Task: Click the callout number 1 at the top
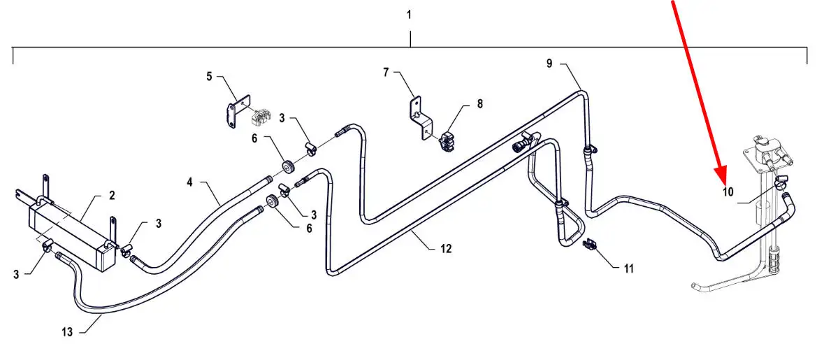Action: click(x=409, y=15)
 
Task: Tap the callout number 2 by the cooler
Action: click(x=112, y=196)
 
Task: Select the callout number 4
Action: click(x=189, y=182)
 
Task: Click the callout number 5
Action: click(x=209, y=77)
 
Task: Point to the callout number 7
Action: click(x=386, y=73)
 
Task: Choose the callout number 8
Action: click(x=479, y=103)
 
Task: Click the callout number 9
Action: click(x=549, y=64)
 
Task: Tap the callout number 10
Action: click(x=728, y=192)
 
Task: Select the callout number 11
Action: click(x=628, y=269)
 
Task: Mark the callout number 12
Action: click(x=445, y=249)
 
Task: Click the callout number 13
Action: click(x=67, y=332)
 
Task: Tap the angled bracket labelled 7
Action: click(x=420, y=118)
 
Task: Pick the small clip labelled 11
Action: click(x=589, y=243)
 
